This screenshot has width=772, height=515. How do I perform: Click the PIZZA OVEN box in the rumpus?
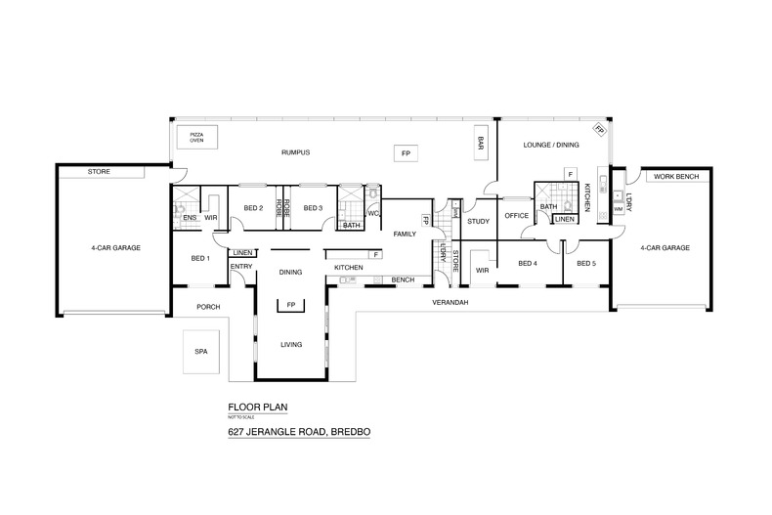pyautogui.click(x=196, y=136)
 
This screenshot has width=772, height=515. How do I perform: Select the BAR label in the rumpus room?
pyautogui.click(x=481, y=142)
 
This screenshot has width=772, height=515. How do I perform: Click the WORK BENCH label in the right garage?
pyautogui.click(x=676, y=177)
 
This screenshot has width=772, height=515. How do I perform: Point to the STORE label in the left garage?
pyautogui.click(x=99, y=172)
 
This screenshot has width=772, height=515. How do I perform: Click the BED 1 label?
pyautogui.click(x=200, y=258)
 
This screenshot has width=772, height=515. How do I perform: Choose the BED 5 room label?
pyautogui.click(x=586, y=263)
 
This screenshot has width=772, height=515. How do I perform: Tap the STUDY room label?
pyautogui.click(x=478, y=221)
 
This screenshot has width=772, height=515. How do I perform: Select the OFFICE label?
pyautogui.click(x=516, y=216)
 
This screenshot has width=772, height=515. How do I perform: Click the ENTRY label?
pyautogui.click(x=241, y=267)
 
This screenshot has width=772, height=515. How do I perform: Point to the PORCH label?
pyautogui.click(x=208, y=307)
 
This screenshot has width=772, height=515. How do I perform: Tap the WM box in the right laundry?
pyautogui.click(x=618, y=207)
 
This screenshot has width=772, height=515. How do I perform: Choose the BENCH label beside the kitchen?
pyautogui.click(x=403, y=280)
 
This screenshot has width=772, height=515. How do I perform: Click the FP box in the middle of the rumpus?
pyautogui.click(x=405, y=153)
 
